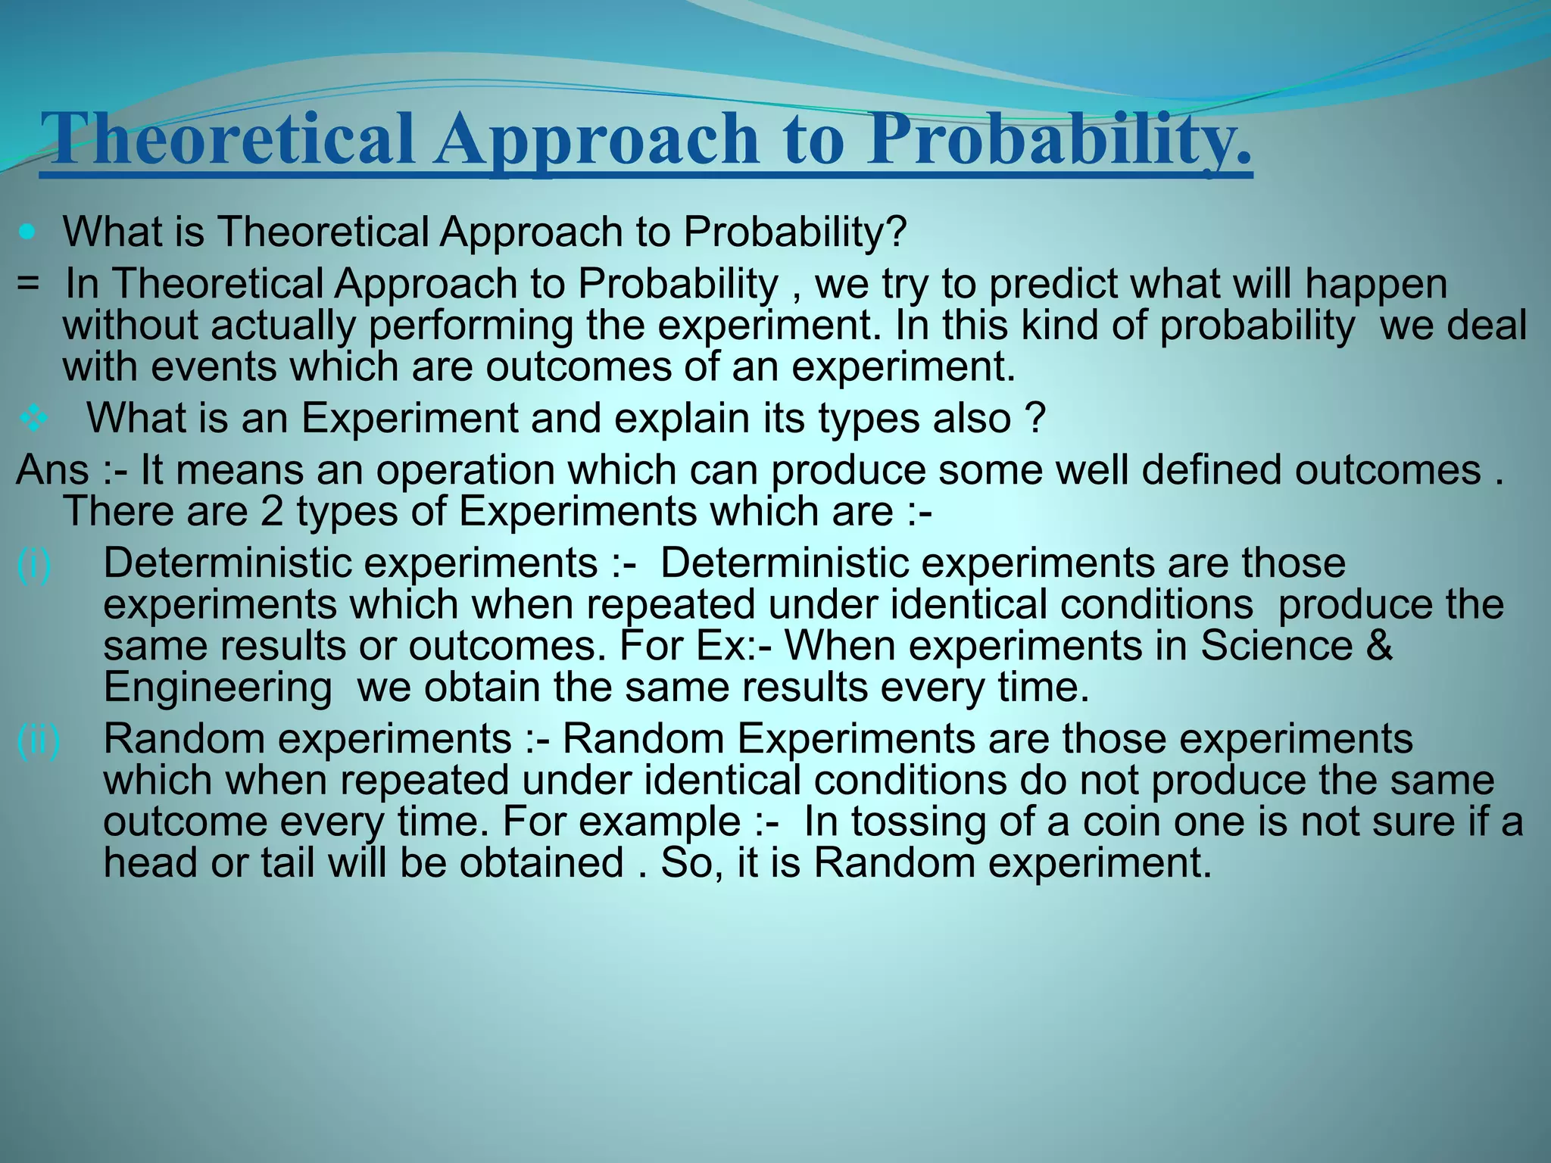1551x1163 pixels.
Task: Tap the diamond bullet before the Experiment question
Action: [33, 419]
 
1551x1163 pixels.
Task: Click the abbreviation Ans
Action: [51, 469]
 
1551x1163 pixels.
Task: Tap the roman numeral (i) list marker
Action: [33, 564]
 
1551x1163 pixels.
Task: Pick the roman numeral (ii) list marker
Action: [38, 739]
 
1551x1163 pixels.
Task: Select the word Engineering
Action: [217, 688]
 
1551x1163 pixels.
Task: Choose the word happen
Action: [1376, 285]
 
